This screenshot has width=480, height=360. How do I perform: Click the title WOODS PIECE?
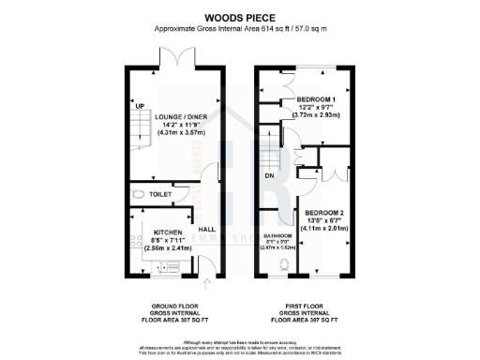coord(239,16)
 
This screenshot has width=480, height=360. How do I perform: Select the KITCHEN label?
coord(155,230)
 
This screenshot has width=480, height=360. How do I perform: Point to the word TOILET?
coord(161,195)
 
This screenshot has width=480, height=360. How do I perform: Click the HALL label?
coord(205,229)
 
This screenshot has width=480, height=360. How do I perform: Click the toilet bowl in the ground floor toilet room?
coord(138,194)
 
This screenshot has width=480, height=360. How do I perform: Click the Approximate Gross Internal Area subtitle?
coord(239,29)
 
